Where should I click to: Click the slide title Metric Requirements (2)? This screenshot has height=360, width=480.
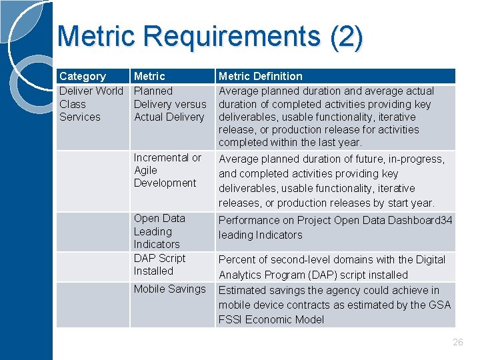coord(210,37)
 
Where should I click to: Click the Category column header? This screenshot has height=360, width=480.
coord(83,77)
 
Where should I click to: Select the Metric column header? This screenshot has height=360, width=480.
coord(149,77)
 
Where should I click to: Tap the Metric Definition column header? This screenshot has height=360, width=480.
coord(261,77)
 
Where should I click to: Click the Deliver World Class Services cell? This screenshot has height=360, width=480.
coord(91,104)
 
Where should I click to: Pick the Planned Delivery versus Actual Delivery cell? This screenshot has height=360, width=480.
coord(169,104)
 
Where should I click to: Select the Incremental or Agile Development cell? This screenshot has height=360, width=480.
coord(167,170)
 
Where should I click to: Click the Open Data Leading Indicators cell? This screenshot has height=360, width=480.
coord(159,231)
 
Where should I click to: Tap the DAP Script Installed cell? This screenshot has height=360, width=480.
coord(159,265)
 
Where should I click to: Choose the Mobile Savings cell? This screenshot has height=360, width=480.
coord(169,289)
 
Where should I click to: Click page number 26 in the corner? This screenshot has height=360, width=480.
coord(457,342)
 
